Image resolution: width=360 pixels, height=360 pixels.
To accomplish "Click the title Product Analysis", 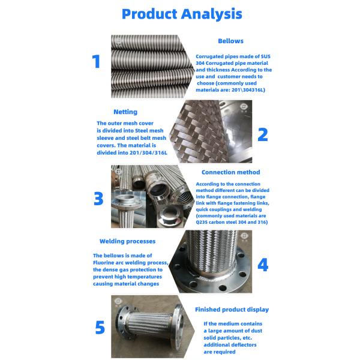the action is tap(182, 14).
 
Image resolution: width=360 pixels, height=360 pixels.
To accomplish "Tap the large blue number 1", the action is tap(96, 61).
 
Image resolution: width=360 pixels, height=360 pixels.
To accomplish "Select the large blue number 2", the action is tap(263, 134).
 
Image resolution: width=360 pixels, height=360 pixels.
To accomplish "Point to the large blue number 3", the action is tap(98, 199).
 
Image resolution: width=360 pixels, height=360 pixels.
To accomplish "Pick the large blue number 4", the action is tap(263, 265).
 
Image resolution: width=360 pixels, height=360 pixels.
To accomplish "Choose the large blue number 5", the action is tap(100, 328).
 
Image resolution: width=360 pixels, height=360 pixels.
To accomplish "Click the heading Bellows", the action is tap(230, 41).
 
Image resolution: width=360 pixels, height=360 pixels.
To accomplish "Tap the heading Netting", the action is tap(125, 112).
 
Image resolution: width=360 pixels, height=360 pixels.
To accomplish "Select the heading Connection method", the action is tap(231, 172).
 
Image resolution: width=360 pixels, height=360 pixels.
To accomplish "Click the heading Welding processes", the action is tap(127, 241).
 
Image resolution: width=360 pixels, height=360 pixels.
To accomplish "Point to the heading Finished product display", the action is tap(232, 310).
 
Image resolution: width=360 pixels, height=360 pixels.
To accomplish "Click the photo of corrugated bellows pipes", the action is tap(152, 67).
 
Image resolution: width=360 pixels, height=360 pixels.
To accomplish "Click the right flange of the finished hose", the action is tap(178, 319).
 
